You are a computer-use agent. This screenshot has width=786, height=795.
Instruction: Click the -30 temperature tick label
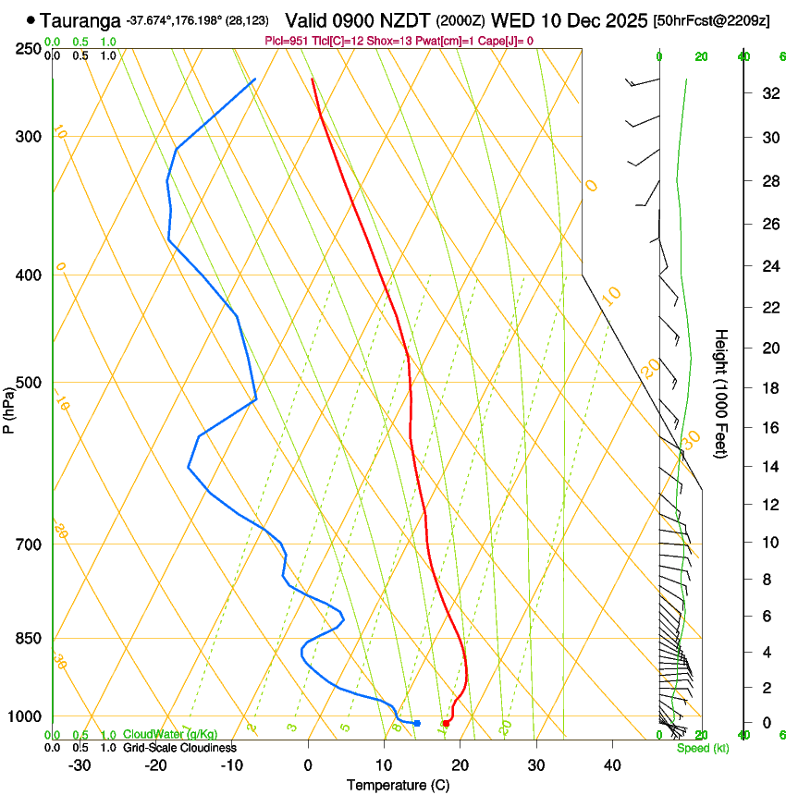(x=80, y=764)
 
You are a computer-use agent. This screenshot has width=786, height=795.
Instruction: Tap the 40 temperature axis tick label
(x=612, y=764)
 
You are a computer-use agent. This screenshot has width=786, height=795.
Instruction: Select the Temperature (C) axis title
(x=398, y=785)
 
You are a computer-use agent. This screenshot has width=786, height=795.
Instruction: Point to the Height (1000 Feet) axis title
(x=722, y=393)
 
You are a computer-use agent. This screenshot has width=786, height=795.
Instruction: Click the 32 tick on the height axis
(x=768, y=93)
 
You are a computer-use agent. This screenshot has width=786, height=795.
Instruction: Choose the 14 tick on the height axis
(x=768, y=467)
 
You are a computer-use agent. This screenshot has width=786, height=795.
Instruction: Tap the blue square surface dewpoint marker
(x=417, y=723)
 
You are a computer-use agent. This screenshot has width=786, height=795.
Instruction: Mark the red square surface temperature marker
(x=446, y=723)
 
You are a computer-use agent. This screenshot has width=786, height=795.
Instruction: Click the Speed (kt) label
(x=703, y=748)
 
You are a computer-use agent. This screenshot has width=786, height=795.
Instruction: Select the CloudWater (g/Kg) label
(x=157, y=735)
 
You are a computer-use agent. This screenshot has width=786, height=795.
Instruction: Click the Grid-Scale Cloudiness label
(x=179, y=748)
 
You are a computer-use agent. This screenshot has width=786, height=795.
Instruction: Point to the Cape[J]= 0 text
(x=505, y=41)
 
